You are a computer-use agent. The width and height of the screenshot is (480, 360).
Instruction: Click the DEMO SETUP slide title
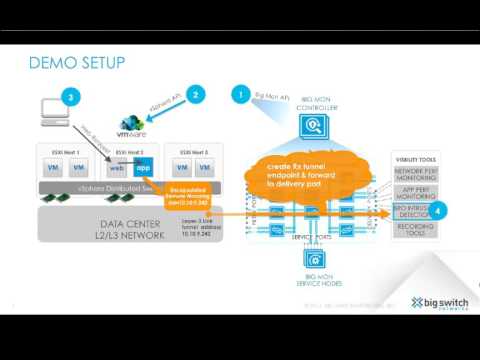(x=77, y=63)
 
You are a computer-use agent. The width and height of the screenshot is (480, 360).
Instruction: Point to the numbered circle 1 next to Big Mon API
(x=240, y=94)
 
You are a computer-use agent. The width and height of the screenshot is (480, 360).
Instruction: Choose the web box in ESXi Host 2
(x=118, y=168)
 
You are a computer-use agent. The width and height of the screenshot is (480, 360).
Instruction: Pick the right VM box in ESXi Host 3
(x=204, y=168)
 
